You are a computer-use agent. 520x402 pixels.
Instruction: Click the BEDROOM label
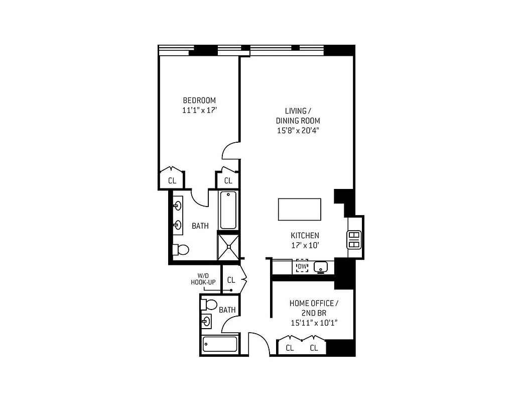coord(199,100)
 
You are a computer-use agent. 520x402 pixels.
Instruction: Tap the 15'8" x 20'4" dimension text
coord(298,131)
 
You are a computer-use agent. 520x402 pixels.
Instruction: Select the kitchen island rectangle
coord(300,209)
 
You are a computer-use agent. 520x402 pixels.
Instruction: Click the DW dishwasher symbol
coord(302,266)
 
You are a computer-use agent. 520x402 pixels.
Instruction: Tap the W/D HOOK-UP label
coord(203,279)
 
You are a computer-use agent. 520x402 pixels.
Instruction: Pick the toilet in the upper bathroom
coord(180,249)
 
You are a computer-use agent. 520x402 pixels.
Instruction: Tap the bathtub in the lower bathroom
coord(220,345)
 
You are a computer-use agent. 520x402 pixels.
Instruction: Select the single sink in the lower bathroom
coord(207,321)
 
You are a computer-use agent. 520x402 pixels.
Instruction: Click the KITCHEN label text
coord(305,236)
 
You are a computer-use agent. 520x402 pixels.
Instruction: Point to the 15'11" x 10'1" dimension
coord(314,323)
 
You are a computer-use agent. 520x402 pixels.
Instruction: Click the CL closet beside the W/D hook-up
coord(231,280)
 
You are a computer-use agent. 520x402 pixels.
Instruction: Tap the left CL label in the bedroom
coord(172,180)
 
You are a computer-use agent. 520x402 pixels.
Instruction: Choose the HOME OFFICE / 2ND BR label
coord(314,308)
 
